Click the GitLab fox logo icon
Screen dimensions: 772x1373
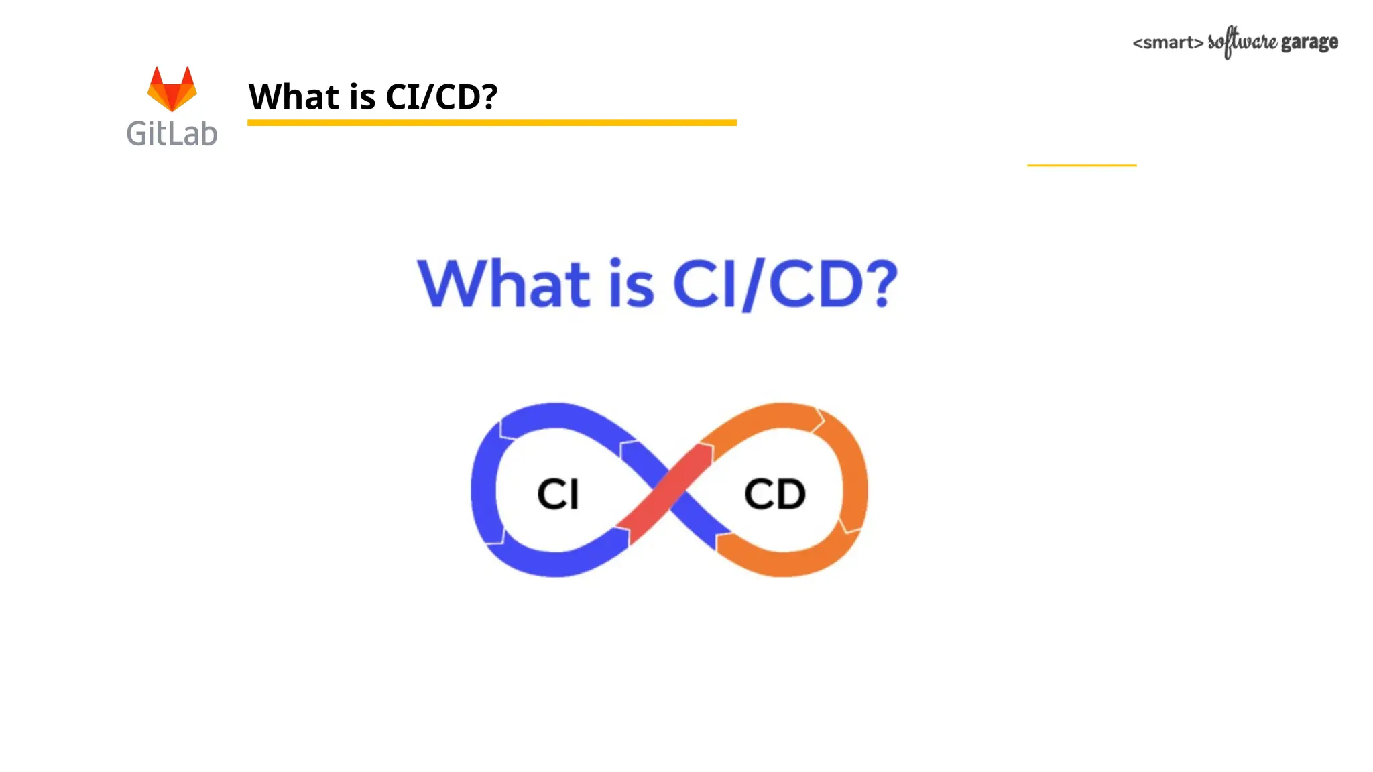click(172, 89)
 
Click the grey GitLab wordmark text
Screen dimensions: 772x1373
click(172, 133)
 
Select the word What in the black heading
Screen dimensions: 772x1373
click(294, 96)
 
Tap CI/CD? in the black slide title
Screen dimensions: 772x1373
click(441, 96)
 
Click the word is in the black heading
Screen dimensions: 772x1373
click(362, 96)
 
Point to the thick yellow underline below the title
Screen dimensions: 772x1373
click(491, 123)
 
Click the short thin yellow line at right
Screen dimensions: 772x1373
click(1081, 165)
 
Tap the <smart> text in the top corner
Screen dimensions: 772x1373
click(1167, 43)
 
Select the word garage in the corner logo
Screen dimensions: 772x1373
click(1309, 42)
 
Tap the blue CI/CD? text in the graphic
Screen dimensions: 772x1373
click(784, 283)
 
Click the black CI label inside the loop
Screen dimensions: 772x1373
click(557, 494)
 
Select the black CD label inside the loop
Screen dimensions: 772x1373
click(774, 494)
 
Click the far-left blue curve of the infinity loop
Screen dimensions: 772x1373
click(483, 489)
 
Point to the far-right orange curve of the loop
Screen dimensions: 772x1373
click(855, 489)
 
